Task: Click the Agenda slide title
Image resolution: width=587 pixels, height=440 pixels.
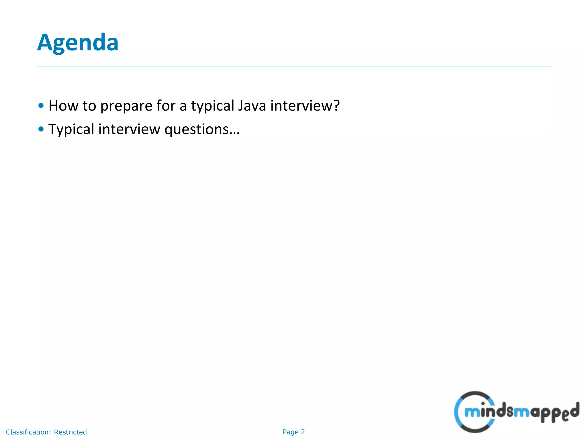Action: click(78, 42)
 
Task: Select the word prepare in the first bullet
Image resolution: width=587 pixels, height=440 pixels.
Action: click(126, 106)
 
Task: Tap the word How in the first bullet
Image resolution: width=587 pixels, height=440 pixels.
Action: click(63, 105)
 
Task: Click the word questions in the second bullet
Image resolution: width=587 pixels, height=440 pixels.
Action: click(196, 129)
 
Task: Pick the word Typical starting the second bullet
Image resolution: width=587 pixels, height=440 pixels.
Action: click(71, 129)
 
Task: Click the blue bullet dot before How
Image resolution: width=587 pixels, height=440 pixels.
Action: click(41, 105)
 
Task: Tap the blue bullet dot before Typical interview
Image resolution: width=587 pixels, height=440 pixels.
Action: click(41, 129)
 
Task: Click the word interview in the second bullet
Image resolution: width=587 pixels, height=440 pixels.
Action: click(129, 129)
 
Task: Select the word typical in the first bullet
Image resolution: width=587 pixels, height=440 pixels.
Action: click(213, 106)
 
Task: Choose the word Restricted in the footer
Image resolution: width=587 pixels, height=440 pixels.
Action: click(70, 432)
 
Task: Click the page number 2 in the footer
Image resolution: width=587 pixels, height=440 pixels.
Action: click(303, 432)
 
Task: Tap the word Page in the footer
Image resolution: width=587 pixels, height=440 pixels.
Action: click(290, 432)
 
